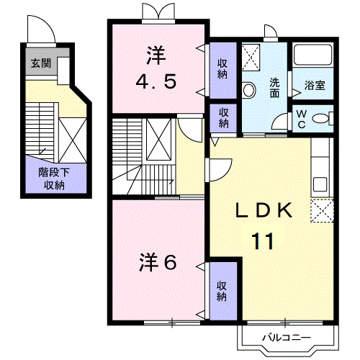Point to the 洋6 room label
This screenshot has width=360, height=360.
(156, 262)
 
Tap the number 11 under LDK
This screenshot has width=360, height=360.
(263, 240)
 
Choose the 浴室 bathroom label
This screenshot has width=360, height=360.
(315, 85)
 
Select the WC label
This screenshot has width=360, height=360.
(301, 120)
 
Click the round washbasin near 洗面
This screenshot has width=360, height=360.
(248, 90)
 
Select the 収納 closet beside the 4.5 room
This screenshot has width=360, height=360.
(223, 67)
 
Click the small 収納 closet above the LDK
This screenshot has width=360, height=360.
(224, 117)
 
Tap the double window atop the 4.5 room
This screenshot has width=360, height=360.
(158, 11)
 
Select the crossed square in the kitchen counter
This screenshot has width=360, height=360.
(322, 212)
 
